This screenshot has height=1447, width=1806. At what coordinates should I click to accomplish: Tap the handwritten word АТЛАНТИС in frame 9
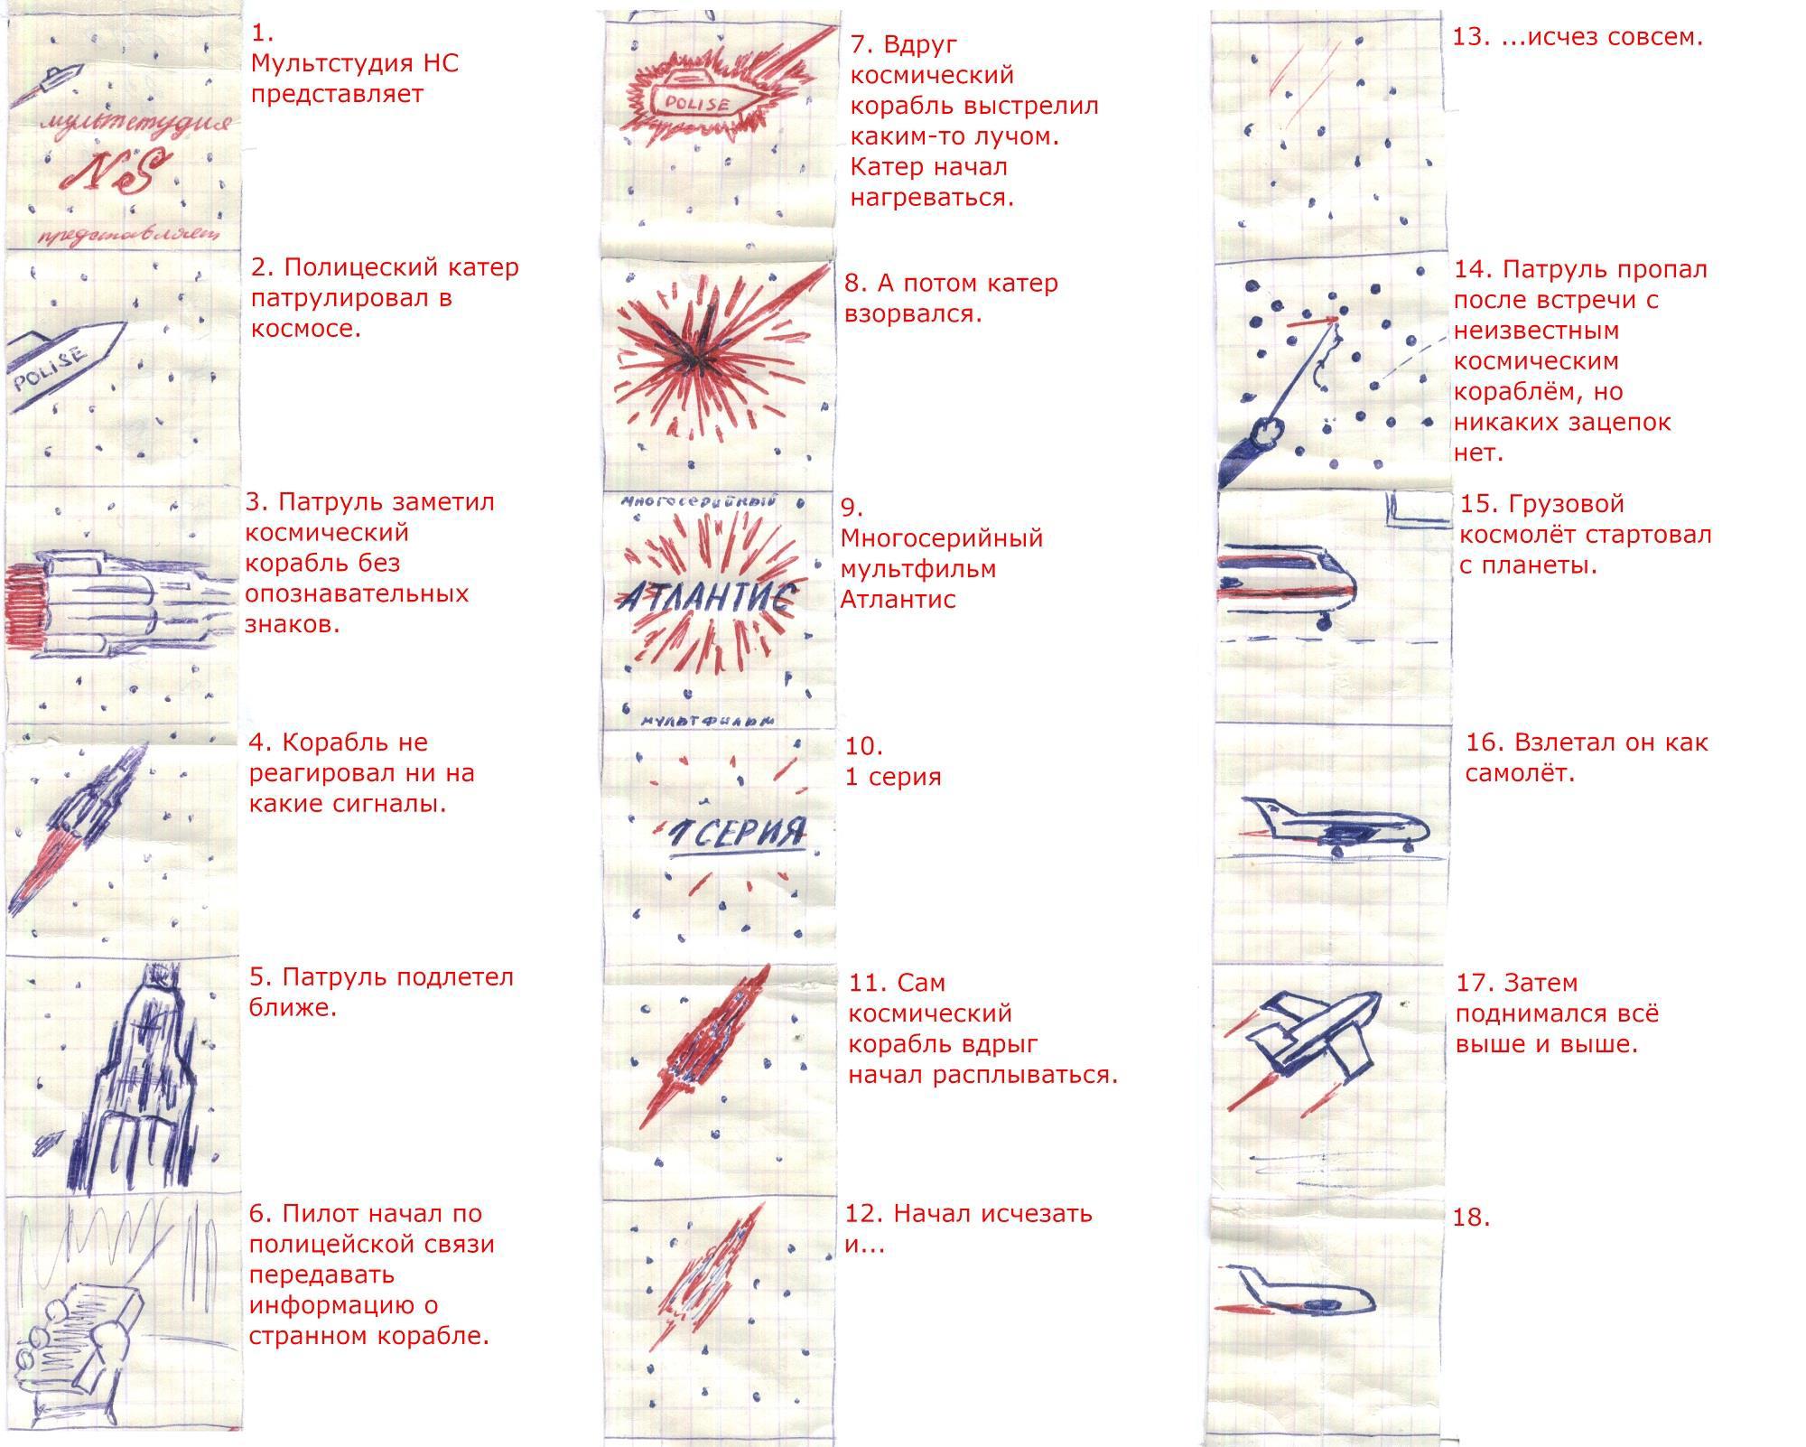(706, 597)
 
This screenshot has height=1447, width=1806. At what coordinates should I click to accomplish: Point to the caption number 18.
(1470, 1218)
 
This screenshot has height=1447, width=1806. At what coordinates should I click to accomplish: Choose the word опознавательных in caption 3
(357, 593)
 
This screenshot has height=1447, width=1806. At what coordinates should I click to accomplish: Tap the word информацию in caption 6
(344, 1305)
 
